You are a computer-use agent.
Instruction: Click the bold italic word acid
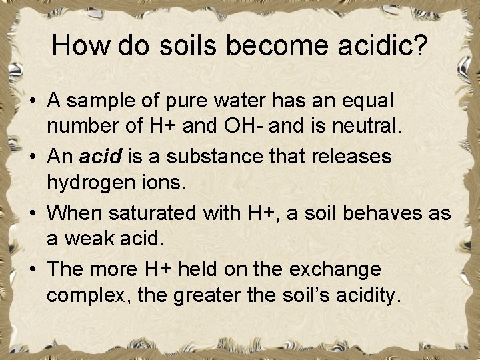(x=99, y=157)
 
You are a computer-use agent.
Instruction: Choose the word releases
(x=351, y=157)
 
